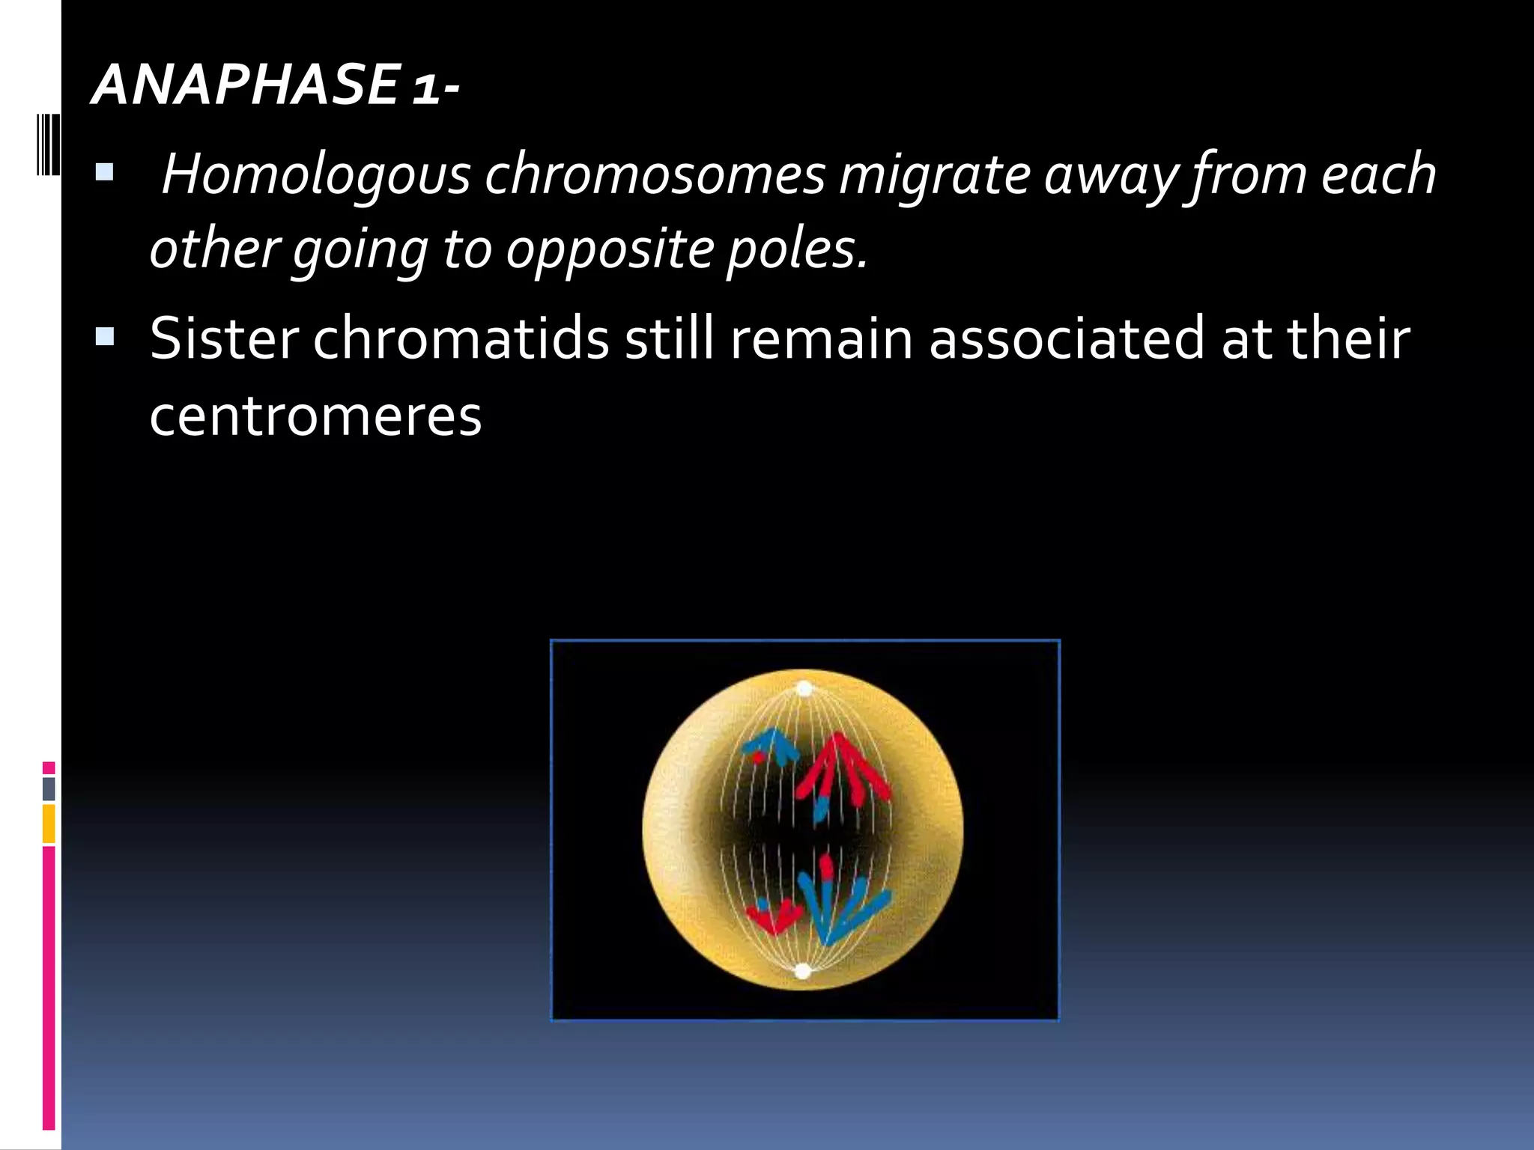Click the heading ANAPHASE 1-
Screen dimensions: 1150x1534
(274, 84)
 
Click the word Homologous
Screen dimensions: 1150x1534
(315, 175)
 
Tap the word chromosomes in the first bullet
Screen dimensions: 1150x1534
(654, 175)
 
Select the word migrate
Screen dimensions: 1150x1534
(933, 175)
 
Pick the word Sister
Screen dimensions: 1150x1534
(224, 339)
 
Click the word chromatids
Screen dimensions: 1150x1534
(461, 339)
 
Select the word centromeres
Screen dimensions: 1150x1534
(315, 416)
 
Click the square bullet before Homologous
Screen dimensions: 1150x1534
(104, 174)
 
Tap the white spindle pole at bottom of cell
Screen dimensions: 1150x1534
(803, 971)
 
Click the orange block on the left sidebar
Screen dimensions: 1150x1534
(49, 823)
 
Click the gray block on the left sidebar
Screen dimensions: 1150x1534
(49, 788)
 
